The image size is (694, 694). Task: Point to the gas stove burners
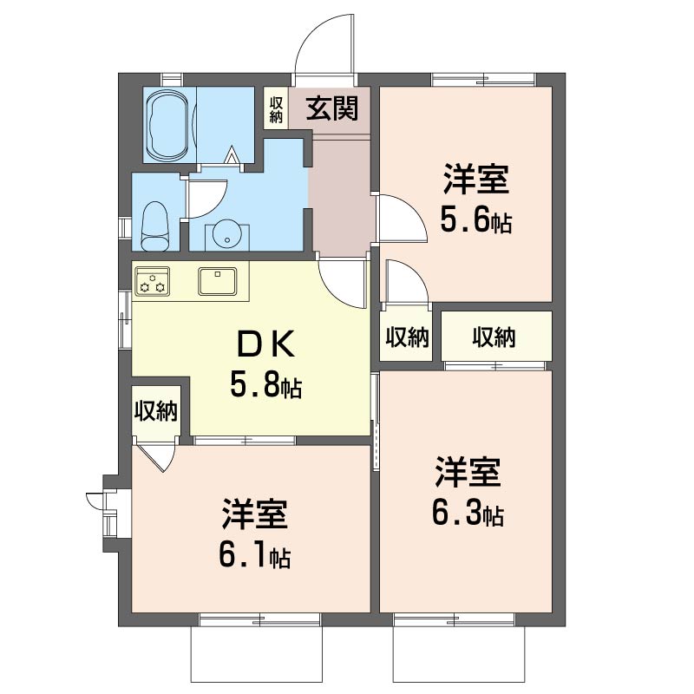tap(153, 281)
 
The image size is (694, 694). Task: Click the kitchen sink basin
tap(218, 281)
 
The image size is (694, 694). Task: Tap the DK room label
tap(266, 344)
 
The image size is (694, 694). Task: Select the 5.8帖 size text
tap(266, 384)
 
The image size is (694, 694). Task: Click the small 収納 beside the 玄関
tap(276, 109)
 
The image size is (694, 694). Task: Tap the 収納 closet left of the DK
tap(156, 410)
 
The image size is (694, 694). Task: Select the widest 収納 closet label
tap(494, 337)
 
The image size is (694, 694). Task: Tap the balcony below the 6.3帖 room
tap(459, 654)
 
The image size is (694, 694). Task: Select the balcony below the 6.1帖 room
tap(257, 654)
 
